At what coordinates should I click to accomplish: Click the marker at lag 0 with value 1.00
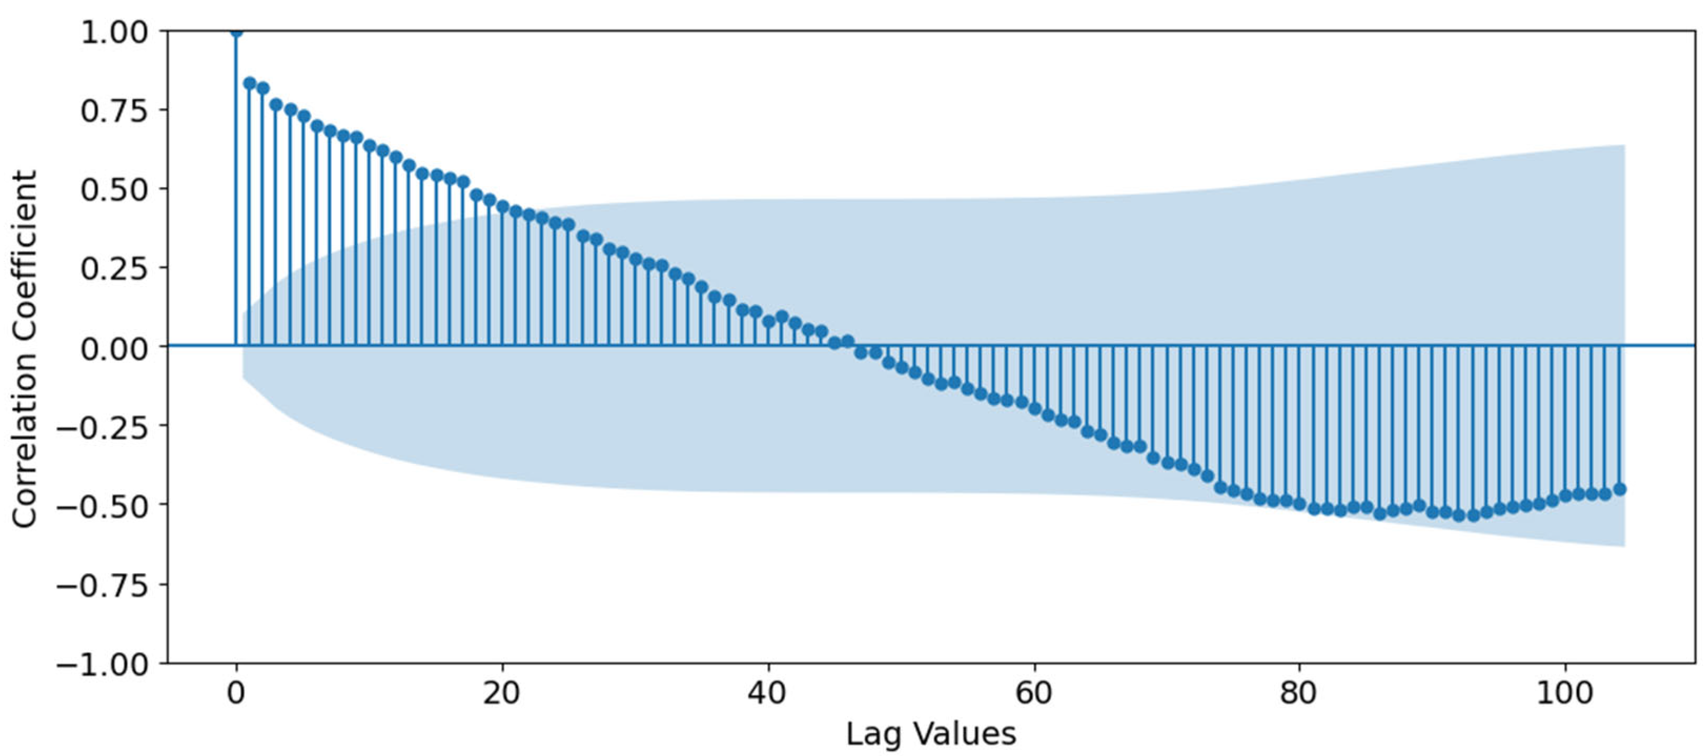[x=236, y=31]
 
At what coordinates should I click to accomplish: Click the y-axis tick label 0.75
[x=114, y=111]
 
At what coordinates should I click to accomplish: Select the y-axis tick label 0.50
[x=114, y=189]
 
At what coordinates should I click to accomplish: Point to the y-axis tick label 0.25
[x=114, y=268]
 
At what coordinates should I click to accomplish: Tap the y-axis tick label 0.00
[x=114, y=347]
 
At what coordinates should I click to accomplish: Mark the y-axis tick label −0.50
[x=103, y=506]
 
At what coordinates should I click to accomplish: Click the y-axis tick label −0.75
[x=103, y=584]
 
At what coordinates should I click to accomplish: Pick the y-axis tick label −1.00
[x=103, y=663]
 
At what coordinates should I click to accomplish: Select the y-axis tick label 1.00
[x=114, y=32]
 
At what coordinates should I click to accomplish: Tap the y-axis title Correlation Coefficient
[x=25, y=349]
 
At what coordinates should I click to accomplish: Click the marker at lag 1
[x=250, y=83]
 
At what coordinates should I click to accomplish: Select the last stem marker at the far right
[x=1619, y=489]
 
